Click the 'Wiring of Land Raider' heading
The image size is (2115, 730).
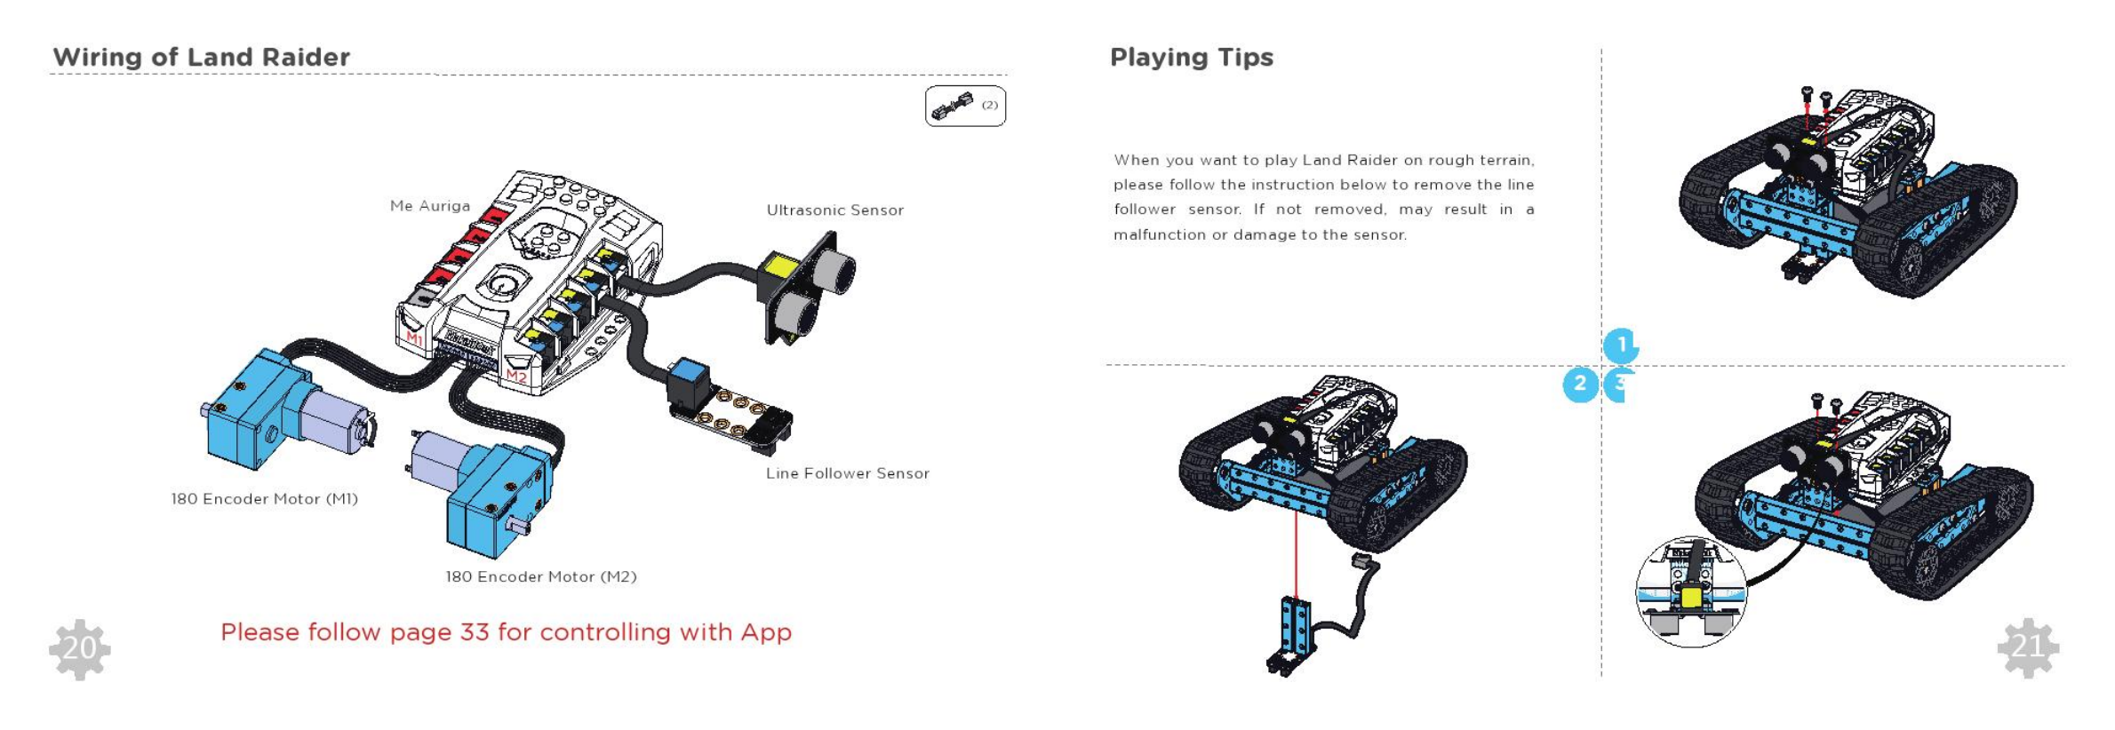(201, 57)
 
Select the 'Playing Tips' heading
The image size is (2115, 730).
(1191, 57)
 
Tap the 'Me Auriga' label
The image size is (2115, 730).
(430, 206)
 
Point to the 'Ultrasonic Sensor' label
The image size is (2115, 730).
(834, 210)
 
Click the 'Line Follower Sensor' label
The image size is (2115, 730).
(847, 473)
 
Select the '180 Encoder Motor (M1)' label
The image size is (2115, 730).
(264, 499)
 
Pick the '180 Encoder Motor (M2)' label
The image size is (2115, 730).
(540, 577)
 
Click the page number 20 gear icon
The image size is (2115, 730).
(80, 649)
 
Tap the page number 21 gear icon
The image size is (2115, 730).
(2028, 647)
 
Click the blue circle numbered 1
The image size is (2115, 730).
(1621, 345)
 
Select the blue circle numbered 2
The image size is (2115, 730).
(1580, 384)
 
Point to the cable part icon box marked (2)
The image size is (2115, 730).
(965, 107)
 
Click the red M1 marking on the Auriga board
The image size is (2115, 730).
(415, 337)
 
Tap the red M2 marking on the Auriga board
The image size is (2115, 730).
(516, 377)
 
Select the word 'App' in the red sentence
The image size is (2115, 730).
(765, 632)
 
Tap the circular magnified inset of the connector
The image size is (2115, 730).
(1690, 592)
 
